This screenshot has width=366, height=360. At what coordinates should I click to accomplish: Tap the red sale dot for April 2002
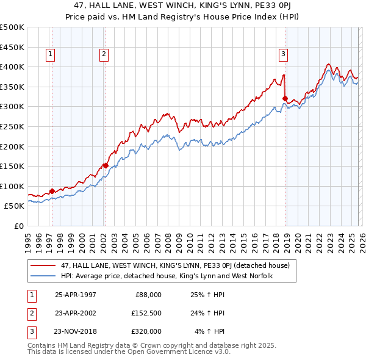[x=106, y=165]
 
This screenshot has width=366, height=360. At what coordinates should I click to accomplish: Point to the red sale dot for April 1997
[x=52, y=191]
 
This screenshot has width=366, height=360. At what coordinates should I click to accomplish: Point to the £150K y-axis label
[x=12, y=166]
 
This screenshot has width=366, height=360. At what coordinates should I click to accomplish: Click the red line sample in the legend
[x=44, y=265]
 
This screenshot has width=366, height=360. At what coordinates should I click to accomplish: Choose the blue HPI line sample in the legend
[x=44, y=276]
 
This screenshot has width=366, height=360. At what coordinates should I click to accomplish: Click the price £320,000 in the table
[x=146, y=331]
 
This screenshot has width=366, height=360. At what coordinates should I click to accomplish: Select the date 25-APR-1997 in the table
[x=75, y=295]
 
